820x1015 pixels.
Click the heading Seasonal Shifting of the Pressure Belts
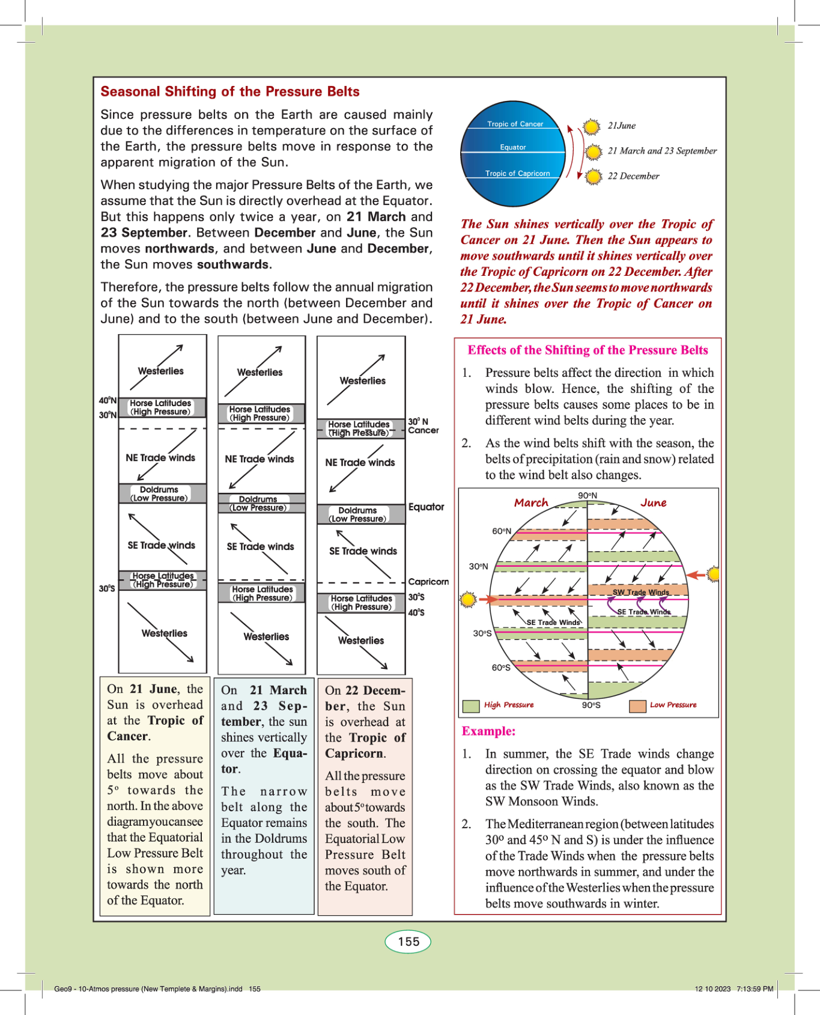229,91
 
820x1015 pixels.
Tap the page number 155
408,942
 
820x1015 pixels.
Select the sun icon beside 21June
592,127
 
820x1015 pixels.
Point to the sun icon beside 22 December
593,177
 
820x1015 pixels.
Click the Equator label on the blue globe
512,147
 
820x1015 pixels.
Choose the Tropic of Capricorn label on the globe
517,173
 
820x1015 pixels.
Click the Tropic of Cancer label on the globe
515,124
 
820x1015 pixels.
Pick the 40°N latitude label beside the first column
108,400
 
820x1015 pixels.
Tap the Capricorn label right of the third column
428,582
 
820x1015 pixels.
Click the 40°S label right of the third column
416,612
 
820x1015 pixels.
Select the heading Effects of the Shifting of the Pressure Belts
588,350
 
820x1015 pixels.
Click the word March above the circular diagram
531,502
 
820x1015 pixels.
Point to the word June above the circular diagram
653,502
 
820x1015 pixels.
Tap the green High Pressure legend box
471,706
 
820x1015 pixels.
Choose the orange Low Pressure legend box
637,706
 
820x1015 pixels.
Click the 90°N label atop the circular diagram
588,496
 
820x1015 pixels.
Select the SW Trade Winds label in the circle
640,592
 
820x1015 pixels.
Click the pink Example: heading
488,731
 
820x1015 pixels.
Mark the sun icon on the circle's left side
468,599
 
